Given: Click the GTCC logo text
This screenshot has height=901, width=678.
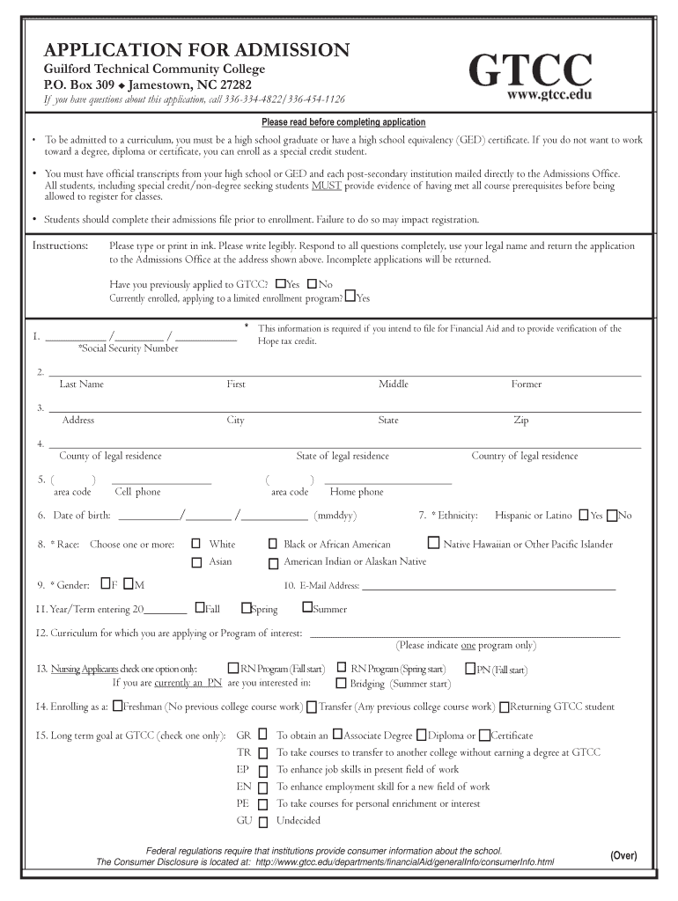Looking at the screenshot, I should pyautogui.click(x=532, y=70).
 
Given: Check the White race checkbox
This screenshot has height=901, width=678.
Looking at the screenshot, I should pyautogui.click(x=196, y=544).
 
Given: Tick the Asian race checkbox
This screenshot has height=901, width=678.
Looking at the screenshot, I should pyautogui.click(x=196, y=562).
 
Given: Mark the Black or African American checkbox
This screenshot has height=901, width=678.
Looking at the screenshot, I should pyautogui.click(x=273, y=545).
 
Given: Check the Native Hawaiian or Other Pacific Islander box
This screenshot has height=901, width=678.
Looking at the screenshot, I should pyautogui.click(x=434, y=543).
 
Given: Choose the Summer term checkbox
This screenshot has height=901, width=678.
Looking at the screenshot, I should pyautogui.click(x=307, y=607).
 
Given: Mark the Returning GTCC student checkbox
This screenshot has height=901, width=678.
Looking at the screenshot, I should pyautogui.click(x=505, y=707).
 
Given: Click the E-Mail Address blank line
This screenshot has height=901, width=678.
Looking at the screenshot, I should pyautogui.click(x=489, y=588).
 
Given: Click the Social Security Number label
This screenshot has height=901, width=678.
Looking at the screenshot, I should pyautogui.click(x=128, y=348).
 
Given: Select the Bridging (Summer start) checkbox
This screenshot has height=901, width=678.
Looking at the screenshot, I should pyautogui.click(x=342, y=684).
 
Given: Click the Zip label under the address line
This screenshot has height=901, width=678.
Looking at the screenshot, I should pyautogui.click(x=520, y=421).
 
